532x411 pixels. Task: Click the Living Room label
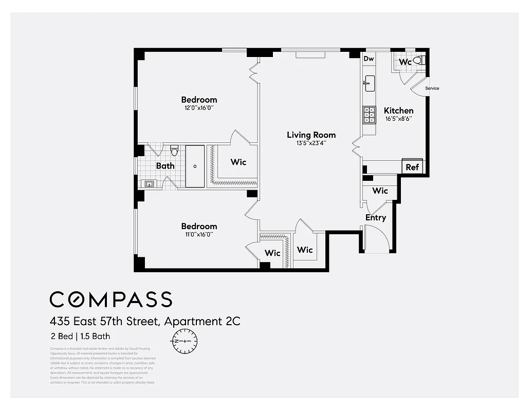311,135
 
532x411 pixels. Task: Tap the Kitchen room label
398,110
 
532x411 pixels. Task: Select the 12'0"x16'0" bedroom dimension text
199,108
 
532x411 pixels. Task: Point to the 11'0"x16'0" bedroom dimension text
199,235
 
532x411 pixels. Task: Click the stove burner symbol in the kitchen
369,115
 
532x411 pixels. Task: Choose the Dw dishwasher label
369,59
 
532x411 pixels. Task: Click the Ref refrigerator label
412,167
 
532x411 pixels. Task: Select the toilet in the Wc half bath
418,61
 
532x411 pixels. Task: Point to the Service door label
432,88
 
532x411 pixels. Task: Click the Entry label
376,218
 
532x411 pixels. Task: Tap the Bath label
165,166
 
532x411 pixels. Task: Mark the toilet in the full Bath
174,151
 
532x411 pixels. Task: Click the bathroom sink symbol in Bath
150,183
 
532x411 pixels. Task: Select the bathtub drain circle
195,166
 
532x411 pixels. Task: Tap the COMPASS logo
111,299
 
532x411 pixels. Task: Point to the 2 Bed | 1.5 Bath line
80,337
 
